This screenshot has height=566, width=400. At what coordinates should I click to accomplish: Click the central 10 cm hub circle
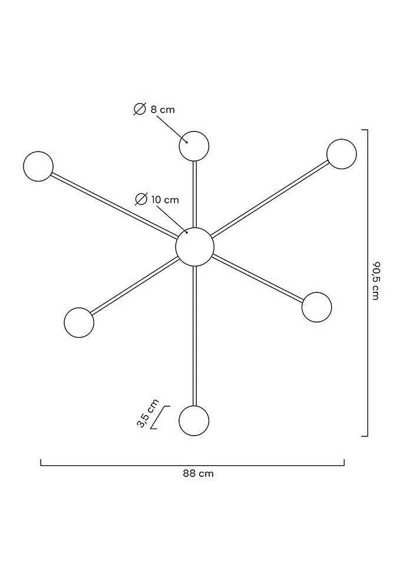click(195, 247)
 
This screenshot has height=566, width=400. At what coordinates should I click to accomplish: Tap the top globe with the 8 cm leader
click(194, 146)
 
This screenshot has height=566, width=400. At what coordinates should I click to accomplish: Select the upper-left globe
click(38, 166)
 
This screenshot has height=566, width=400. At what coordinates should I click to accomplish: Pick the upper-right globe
click(342, 154)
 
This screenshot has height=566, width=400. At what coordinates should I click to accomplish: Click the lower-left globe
click(79, 323)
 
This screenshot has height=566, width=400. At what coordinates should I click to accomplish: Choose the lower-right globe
click(316, 307)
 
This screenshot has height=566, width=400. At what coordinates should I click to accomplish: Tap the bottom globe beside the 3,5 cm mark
click(194, 420)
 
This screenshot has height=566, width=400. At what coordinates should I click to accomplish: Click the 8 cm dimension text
click(163, 110)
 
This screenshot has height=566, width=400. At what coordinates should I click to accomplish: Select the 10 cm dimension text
click(165, 199)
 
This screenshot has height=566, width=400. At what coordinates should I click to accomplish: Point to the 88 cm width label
click(198, 473)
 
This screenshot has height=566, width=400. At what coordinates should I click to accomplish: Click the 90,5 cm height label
click(376, 281)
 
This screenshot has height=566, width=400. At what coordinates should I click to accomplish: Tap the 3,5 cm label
click(147, 413)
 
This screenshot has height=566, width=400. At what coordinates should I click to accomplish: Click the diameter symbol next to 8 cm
click(140, 109)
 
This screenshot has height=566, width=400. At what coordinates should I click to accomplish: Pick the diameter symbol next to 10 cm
click(141, 199)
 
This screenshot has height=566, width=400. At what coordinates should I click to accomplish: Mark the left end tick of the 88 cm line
click(41, 462)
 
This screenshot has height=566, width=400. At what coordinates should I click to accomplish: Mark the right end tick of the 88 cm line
click(344, 462)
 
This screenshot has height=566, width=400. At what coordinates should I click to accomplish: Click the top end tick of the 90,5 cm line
click(365, 130)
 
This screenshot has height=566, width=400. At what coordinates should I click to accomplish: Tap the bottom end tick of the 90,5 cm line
click(365, 436)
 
